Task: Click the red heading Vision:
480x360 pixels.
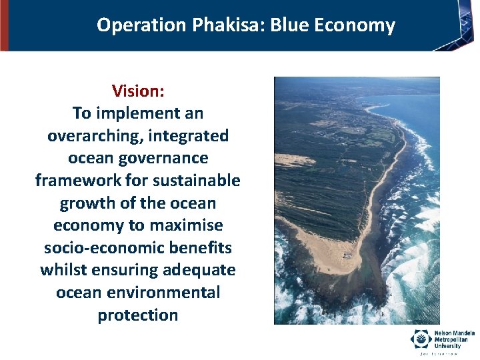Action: pos(137,91)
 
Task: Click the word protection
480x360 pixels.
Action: pos(138,315)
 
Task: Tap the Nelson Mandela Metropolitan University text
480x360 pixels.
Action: pos(453,338)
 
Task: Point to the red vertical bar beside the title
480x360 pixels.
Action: pos(4,25)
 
